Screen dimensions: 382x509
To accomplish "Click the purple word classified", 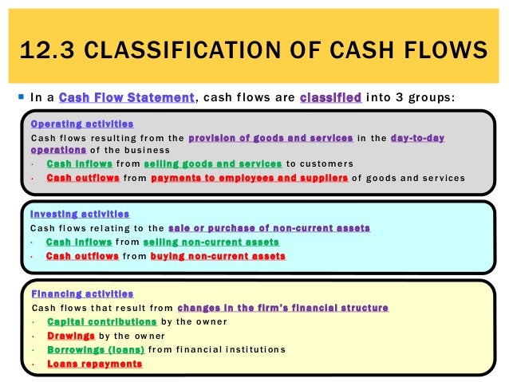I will click(x=330, y=97).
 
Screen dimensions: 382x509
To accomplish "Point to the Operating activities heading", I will click(x=81, y=124).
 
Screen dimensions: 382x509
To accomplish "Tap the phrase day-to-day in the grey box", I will click(x=418, y=138).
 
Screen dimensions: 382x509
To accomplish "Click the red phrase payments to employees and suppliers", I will click(x=249, y=177).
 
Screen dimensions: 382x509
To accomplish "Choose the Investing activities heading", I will click(x=79, y=215).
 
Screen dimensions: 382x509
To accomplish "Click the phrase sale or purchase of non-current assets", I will click(x=270, y=228).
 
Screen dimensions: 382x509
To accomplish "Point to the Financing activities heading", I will click(x=81, y=294).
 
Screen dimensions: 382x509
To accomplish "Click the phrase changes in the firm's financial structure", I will click(x=283, y=308).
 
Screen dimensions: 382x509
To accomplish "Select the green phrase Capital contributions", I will click(x=101, y=321).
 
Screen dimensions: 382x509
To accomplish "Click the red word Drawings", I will click(x=71, y=336).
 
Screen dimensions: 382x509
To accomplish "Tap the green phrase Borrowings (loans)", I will click(x=96, y=349).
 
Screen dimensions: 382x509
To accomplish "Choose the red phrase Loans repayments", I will click(x=94, y=364).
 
